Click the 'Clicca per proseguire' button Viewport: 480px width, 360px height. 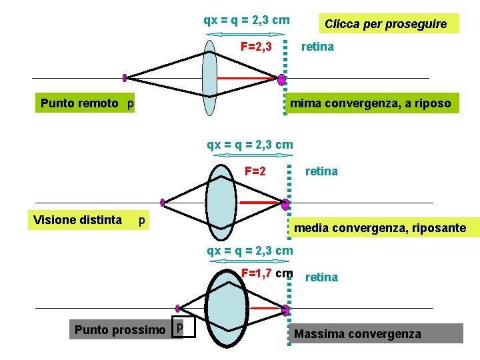pos(385,24)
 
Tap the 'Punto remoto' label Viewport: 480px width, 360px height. pos(79,103)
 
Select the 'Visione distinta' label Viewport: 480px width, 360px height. pos(77,220)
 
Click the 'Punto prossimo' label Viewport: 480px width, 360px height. pos(120,330)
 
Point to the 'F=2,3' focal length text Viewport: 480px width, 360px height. pos(256,47)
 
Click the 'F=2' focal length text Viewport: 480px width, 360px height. pos(255,171)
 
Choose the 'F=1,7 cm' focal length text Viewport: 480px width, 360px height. pos(267,273)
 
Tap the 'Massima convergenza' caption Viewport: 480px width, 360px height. pos(358,333)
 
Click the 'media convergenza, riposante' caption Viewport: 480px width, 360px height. pos(380,228)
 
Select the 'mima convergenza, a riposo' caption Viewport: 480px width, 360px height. pos(371,103)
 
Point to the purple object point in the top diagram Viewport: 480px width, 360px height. pos(125,77)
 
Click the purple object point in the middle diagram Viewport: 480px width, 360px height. pos(163,202)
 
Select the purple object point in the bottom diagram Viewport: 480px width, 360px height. pos(178,309)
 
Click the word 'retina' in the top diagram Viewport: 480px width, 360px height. pos(317,47)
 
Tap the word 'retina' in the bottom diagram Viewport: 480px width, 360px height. pos(321,277)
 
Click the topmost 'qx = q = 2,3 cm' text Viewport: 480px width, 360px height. pos(247,20)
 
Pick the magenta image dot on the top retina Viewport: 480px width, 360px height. pos(281,79)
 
